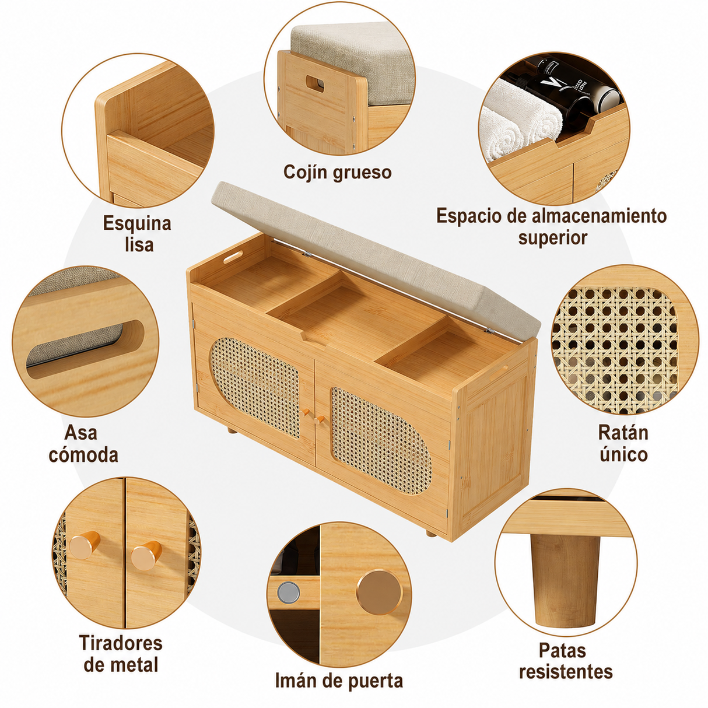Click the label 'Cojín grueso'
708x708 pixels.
(x=337, y=172)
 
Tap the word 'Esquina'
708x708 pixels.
(x=137, y=223)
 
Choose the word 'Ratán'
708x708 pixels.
(x=623, y=433)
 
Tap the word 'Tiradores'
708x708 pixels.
(x=121, y=643)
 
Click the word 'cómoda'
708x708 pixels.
(x=83, y=455)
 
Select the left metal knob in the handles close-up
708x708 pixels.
(x=84, y=545)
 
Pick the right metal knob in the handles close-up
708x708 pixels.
(x=146, y=555)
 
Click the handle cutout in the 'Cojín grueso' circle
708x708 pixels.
(x=315, y=83)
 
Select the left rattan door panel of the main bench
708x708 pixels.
(x=255, y=388)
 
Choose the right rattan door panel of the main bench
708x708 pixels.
(x=381, y=440)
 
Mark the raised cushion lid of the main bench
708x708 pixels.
(x=375, y=257)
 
